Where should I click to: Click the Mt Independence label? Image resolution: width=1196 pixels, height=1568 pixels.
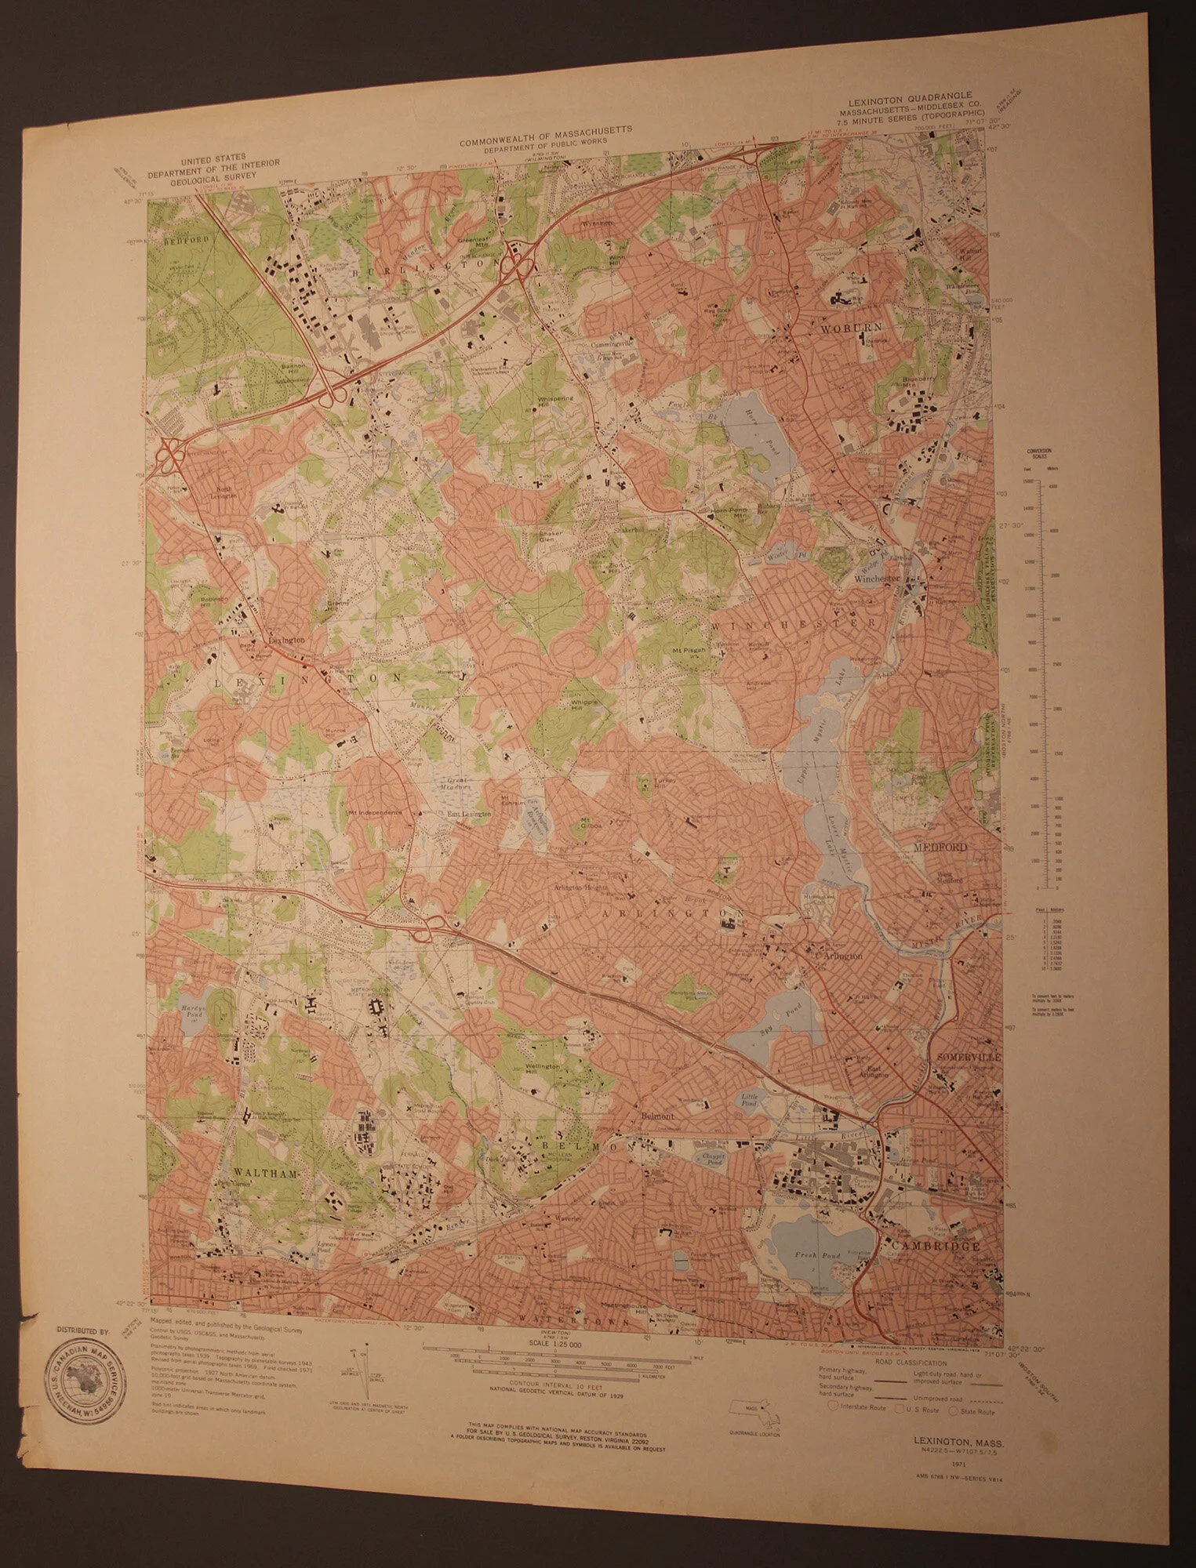point(375,811)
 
